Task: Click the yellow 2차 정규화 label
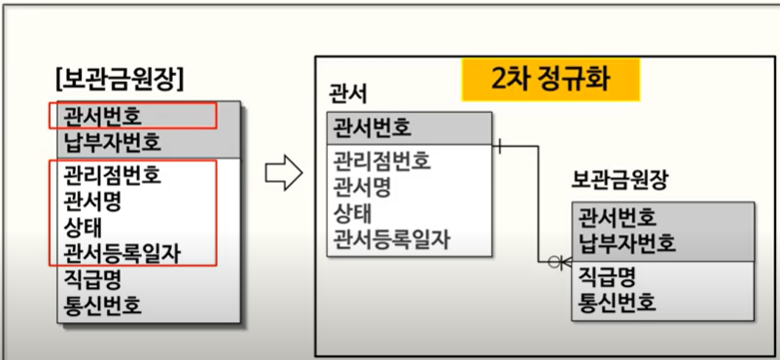click(550, 80)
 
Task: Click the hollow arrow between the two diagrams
click(284, 173)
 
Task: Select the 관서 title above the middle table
click(348, 94)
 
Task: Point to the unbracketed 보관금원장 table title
click(619, 183)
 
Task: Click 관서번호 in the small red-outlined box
click(102, 117)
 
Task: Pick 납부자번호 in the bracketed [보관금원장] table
click(113, 143)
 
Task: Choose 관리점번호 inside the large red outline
click(113, 175)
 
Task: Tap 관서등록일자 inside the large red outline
click(123, 254)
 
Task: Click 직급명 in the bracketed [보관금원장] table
click(92, 279)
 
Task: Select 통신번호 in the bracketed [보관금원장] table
click(102, 306)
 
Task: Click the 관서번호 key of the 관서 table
click(372, 128)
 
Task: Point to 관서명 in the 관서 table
click(362, 187)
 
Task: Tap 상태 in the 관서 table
click(353, 214)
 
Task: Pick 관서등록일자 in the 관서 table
click(392, 240)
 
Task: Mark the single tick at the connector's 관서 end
click(500, 146)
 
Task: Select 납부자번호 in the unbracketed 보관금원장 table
click(626, 243)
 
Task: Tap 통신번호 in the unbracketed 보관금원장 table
click(617, 302)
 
